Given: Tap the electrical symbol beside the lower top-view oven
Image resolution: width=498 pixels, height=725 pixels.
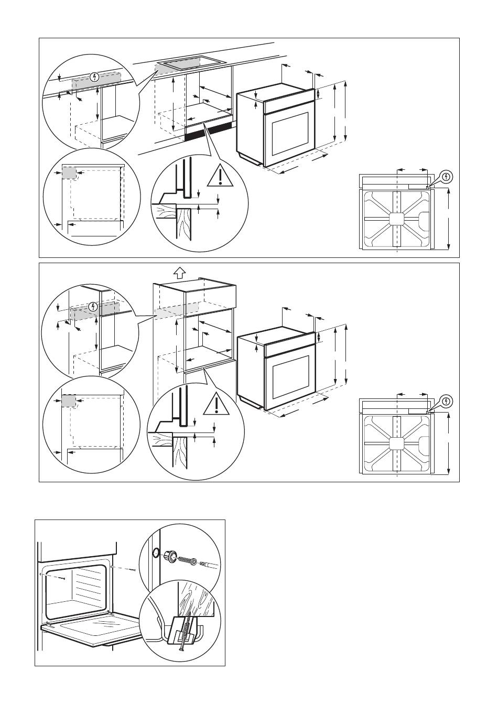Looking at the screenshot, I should (445, 402).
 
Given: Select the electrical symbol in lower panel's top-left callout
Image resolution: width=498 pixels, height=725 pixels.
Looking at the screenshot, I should (93, 306).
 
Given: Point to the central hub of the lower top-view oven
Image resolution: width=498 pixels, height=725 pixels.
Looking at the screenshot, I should (397, 443).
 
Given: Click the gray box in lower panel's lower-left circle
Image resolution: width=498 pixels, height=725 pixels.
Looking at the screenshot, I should (69, 401).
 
